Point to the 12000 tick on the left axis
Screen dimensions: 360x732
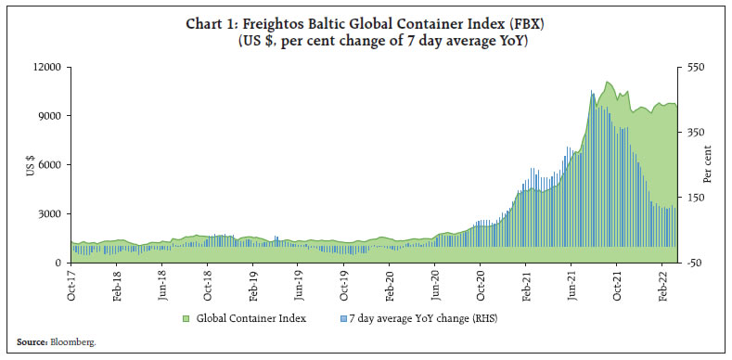[x=47, y=68]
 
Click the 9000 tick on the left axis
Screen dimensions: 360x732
[x=50, y=116]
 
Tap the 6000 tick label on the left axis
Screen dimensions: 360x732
[x=50, y=165]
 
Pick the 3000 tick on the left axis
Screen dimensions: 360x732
[x=50, y=214]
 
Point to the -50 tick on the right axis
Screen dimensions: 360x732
[x=693, y=263]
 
